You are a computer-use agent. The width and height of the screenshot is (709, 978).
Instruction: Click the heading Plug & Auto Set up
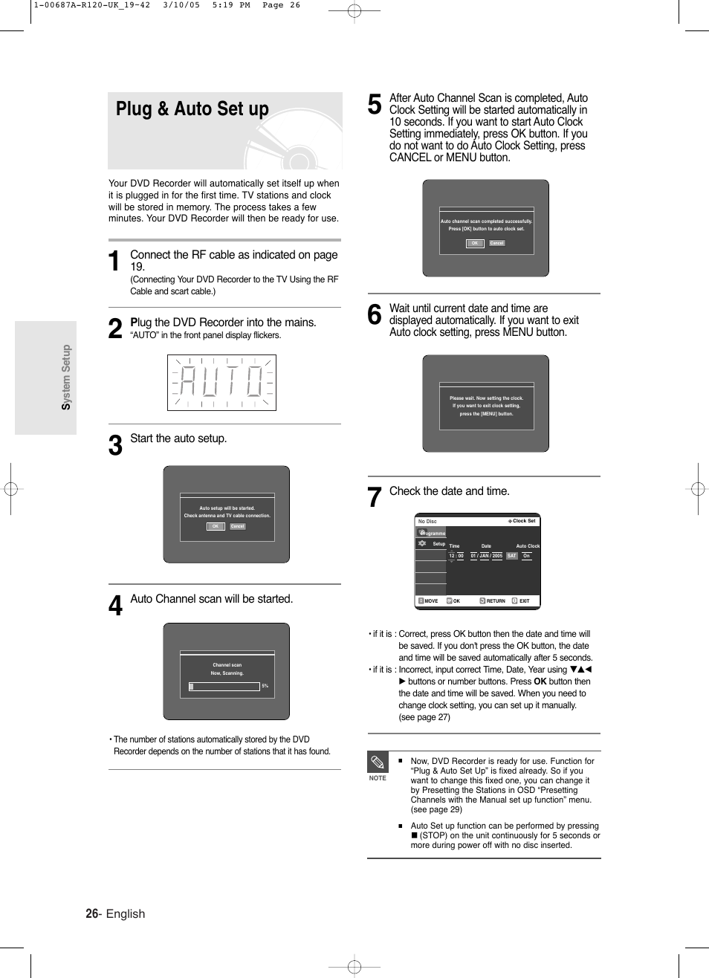click(192, 109)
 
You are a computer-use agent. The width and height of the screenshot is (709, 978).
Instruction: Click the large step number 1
click(114, 262)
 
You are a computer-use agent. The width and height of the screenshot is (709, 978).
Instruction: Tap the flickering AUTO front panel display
click(221, 383)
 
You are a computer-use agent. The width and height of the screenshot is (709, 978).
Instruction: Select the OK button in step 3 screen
click(216, 526)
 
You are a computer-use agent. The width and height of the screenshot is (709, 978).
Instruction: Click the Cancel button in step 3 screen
click(237, 526)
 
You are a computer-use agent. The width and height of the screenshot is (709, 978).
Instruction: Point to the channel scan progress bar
click(224, 687)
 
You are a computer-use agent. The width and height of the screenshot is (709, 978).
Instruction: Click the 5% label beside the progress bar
click(265, 686)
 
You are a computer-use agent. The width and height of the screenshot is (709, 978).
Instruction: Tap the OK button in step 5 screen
click(475, 243)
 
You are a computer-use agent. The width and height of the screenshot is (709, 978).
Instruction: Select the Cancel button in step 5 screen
click(497, 243)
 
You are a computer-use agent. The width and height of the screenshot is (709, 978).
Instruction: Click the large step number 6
click(375, 315)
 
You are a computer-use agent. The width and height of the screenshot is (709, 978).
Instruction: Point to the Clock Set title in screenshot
click(523, 521)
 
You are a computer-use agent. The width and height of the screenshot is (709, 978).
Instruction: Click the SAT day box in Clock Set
click(512, 556)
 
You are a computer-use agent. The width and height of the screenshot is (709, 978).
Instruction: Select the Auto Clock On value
click(526, 556)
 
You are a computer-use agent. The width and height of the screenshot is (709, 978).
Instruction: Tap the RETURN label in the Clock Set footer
click(495, 600)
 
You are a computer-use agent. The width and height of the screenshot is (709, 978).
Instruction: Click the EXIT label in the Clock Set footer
click(524, 600)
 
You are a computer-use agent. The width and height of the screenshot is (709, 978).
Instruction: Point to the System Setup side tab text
click(66, 378)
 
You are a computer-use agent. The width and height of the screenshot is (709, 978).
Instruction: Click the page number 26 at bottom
click(91, 913)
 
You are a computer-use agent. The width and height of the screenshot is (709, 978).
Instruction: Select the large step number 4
click(115, 606)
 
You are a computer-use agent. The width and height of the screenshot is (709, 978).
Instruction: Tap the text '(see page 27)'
click(424, 717)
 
